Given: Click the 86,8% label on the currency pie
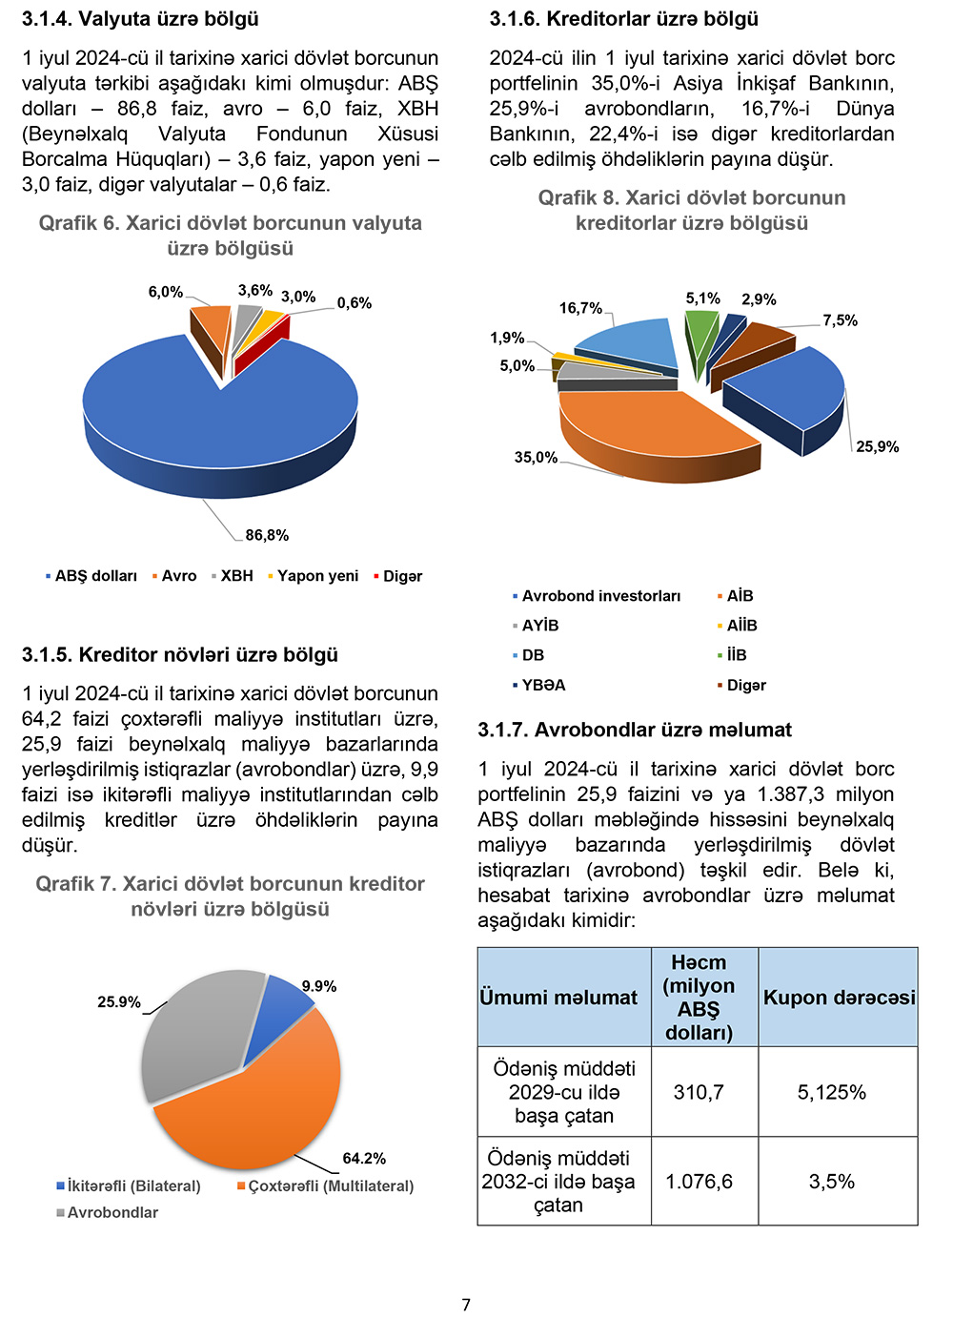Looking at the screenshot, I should (x=267, y=535).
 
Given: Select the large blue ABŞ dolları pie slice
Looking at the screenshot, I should (x=219, y=420).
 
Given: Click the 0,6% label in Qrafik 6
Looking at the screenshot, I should (x=355, y=303).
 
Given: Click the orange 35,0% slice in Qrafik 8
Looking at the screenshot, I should (x=648, y=429).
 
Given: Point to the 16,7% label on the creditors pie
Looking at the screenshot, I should (x=580, y=308).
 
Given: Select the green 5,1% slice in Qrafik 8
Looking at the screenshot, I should (x=700, y=334).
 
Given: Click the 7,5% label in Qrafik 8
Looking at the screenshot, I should (x=841, y=320).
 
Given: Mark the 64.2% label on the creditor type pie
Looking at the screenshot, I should (x=364, y=1159).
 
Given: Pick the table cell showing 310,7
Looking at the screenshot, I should (x=699, y=1092).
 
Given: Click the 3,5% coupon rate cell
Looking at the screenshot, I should (x=832, y=1182).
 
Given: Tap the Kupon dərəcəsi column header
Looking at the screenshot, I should (x=839, y=998).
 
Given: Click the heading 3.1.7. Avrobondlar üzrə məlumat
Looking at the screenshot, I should (x=635, y=730).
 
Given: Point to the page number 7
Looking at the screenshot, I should (x=466, y=1305).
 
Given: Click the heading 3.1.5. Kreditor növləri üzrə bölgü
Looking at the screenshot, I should (x=180, y=655).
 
